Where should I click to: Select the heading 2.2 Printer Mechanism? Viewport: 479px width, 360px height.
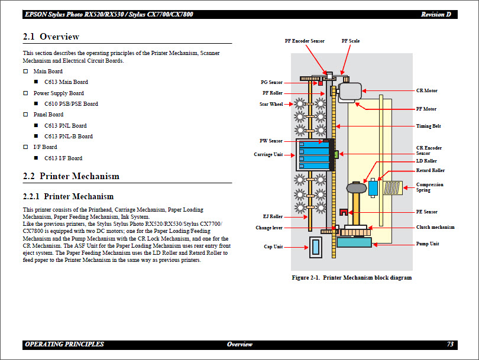[x=71, y=176]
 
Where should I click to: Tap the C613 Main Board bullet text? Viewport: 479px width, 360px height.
[x=66, y=82]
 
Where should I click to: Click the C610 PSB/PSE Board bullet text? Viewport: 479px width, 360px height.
[x=71, y=104]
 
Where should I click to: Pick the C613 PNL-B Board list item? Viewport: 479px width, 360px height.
[x=68, y=137]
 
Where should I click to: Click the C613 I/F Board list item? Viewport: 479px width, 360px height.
[x=63, y=158]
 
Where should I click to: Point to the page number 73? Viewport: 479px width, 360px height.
[x=451, y=344]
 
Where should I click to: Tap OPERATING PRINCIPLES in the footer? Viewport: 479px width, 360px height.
[x=64, y=344]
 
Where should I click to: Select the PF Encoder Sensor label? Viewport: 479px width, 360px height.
[x=304, y=41]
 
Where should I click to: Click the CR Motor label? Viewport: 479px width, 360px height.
[x=426, y=91]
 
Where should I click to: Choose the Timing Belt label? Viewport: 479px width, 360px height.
[x=428, y=126]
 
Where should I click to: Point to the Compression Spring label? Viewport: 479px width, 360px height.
[x=429, y=187]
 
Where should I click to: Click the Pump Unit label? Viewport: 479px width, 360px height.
[x=428, y=244]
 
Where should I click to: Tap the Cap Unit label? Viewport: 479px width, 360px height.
[x=273, y=247]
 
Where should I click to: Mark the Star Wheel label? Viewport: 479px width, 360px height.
[x=271, y=105]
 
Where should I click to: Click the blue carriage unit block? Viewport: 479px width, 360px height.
[x=315, y=155]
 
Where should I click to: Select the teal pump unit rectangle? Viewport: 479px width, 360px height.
[x=354, y=242]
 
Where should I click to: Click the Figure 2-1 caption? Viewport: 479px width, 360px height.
[x=351, y=277]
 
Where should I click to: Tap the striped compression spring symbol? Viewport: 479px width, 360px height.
[x=393, y=189]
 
